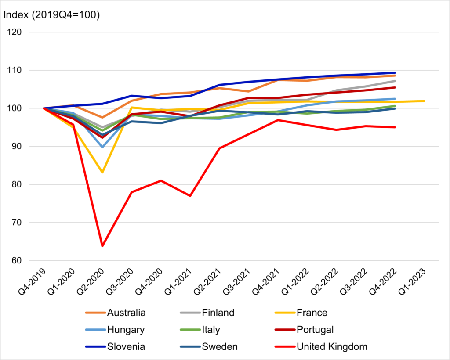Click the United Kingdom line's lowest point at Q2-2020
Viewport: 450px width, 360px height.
tap(102, 246)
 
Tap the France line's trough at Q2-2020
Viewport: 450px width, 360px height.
tap(102, 172)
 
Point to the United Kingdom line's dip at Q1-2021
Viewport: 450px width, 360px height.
tap(190, 196)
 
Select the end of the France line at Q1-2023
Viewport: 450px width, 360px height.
tap(425, 101)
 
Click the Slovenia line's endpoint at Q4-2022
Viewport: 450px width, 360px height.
tap(395, 73)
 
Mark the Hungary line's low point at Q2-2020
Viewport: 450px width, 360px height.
tap(102, 147)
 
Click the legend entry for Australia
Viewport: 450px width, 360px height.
tap(127, 313)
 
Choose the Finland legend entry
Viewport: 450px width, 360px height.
tap(218, 313)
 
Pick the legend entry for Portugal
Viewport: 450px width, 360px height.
tap(315, 329)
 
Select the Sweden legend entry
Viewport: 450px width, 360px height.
tap(220, 346)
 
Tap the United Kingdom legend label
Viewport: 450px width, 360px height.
tap(332, 346)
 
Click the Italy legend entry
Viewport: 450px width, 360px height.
tap(211, 329)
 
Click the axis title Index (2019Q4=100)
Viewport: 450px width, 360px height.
tap(51, 14)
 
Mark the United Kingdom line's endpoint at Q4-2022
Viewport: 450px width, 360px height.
tap(395, 127)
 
